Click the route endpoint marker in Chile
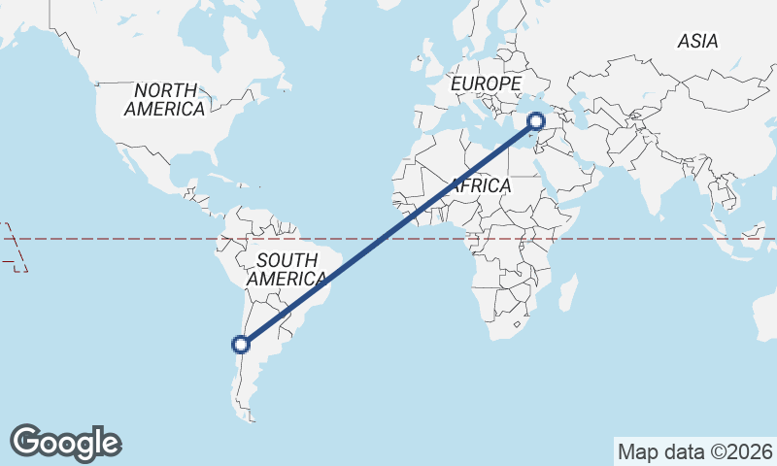(x=241, y=343)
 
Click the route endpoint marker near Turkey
(x=535, y=121)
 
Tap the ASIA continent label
(x=697, y=41)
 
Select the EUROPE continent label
(x=486, y=84)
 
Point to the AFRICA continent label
(x=479, y=184)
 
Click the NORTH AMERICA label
(x=164, y=99)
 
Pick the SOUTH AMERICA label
(x=287, y=269)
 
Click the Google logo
(x=66, y=442)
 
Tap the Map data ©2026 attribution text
(x=695, y=451)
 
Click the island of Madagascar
(x=567, y=290)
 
